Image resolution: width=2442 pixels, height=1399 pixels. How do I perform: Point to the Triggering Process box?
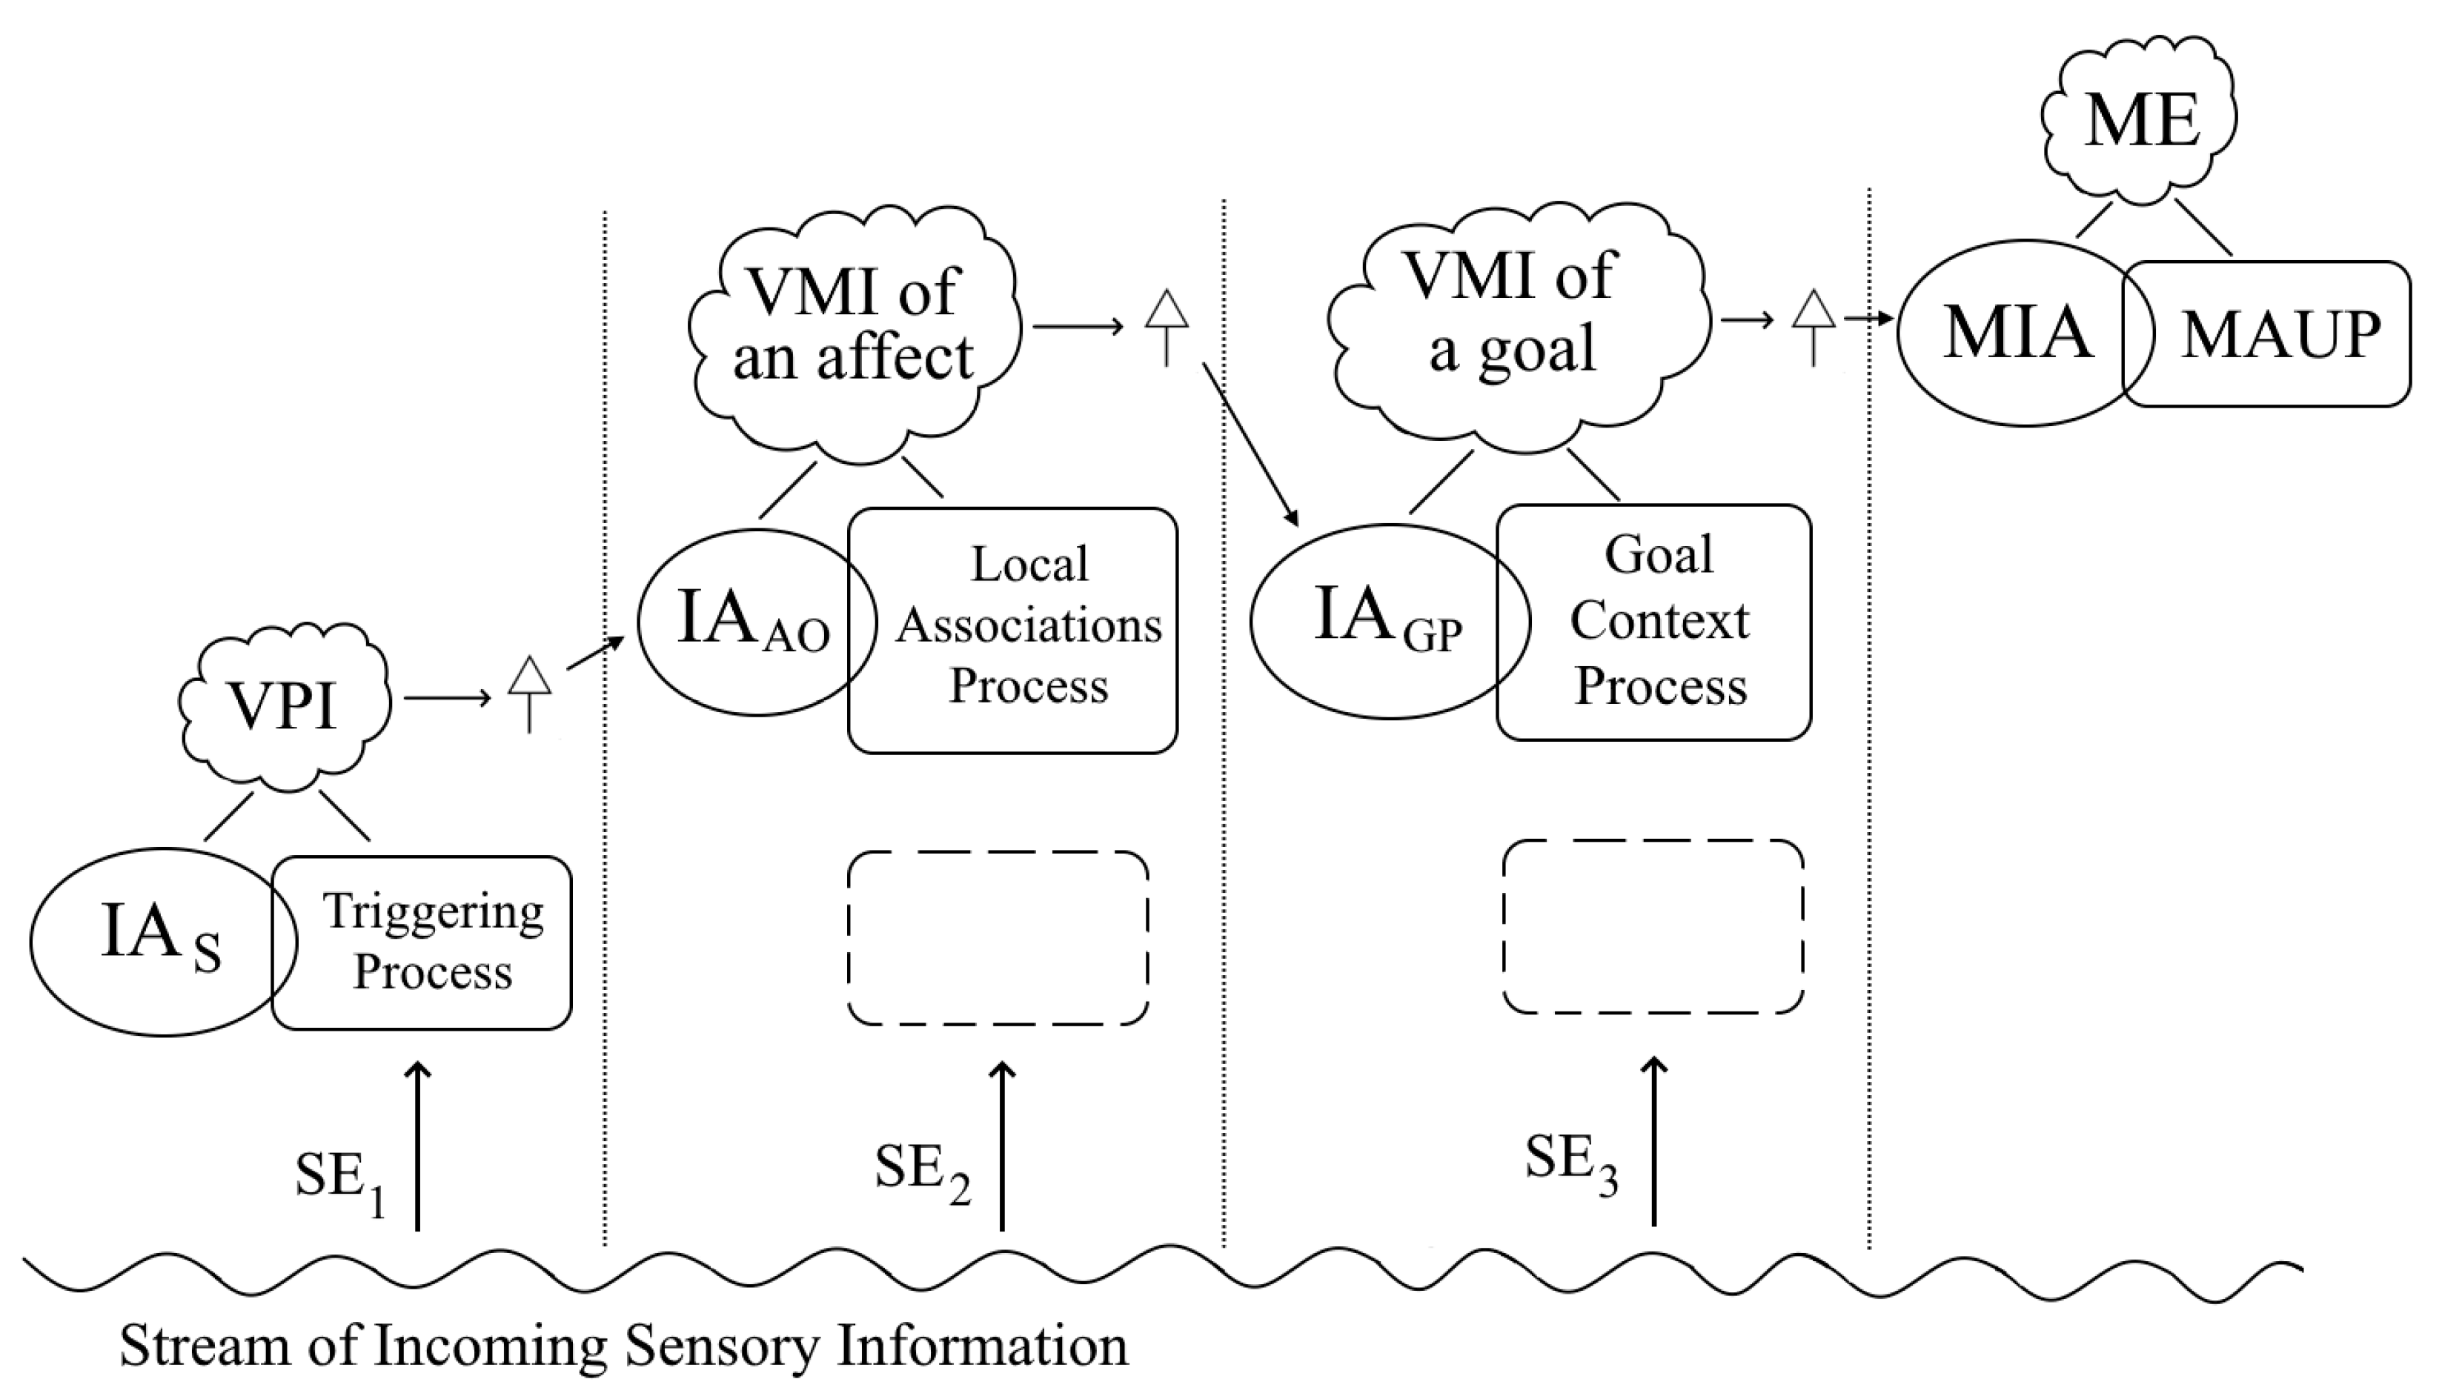click(x=433, y=942)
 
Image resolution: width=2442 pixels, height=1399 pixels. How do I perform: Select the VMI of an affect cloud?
click(x=853, y=327)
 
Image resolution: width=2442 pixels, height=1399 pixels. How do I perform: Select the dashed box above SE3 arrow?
click(x=1653, y=927)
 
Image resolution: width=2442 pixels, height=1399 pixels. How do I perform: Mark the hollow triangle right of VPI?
click(x=530, y=677)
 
